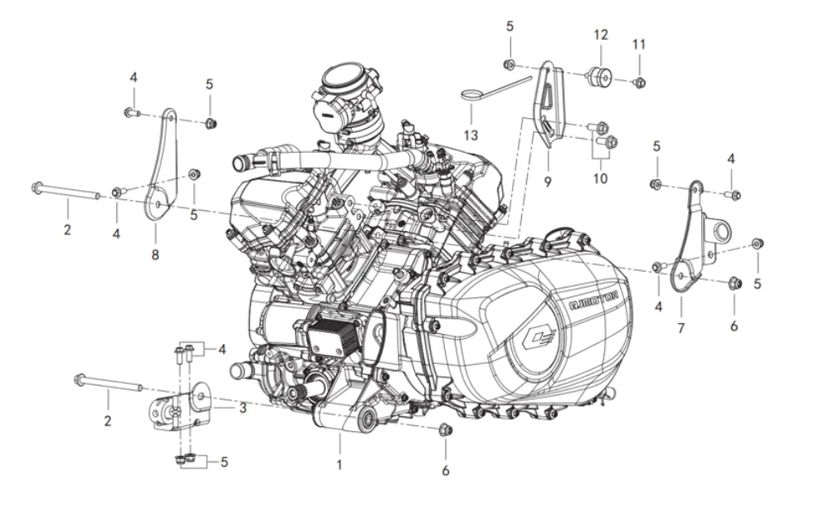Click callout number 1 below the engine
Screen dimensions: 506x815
[339, 465]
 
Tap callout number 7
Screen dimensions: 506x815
[681, 328]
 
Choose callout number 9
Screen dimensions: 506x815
[547, 179]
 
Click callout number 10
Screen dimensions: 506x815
[600, 178]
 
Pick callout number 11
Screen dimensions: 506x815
[638, 43]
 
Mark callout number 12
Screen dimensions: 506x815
[600, 35]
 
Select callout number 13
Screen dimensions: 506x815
[471, 135]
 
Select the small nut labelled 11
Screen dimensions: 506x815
[640, 81]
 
